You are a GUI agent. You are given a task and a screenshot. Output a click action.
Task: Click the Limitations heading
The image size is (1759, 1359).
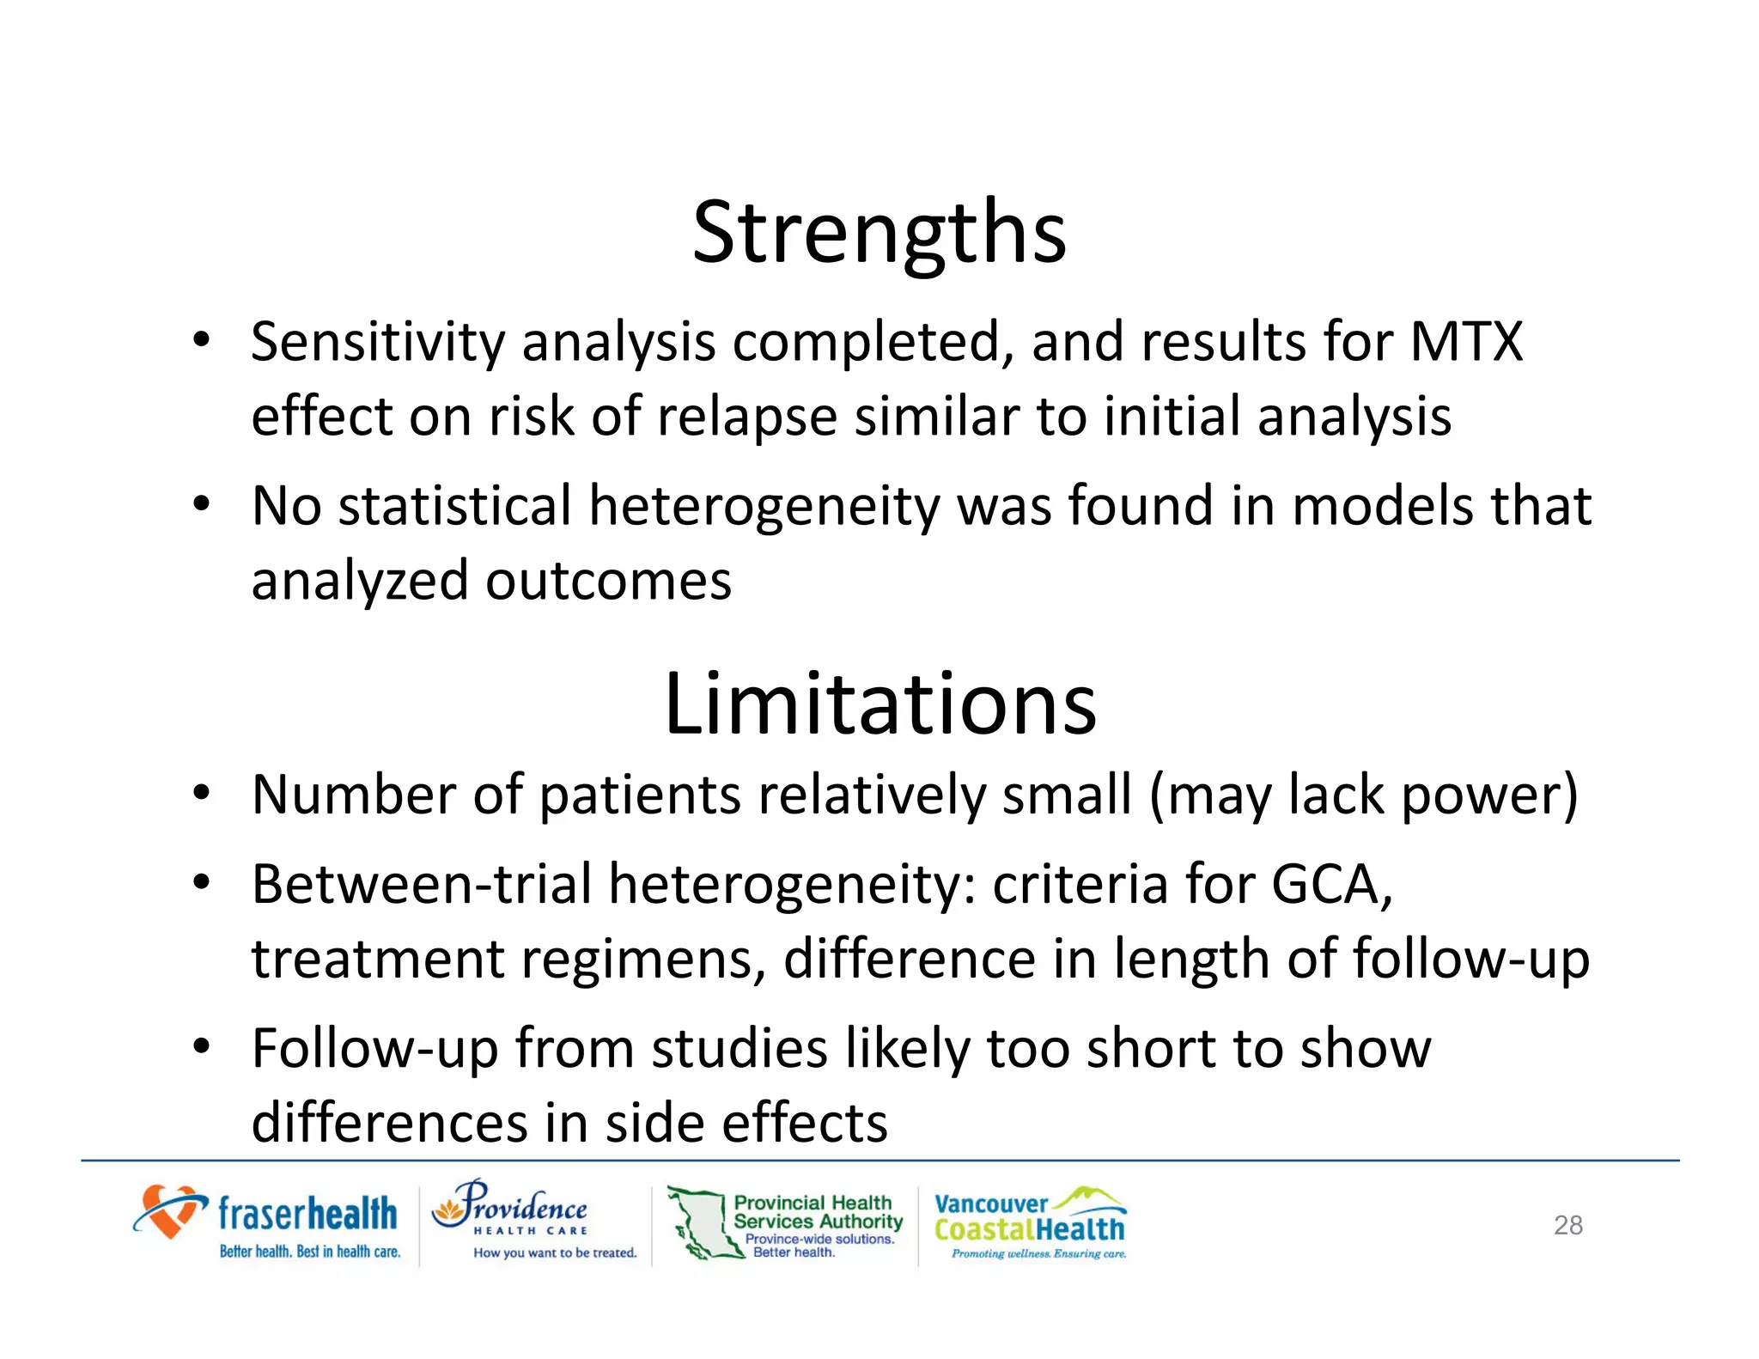click(879, 704)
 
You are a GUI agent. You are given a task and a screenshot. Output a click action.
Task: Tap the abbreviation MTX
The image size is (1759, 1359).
click(1466, 342)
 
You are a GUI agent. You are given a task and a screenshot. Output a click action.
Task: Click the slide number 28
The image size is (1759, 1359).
click(1567, 1225)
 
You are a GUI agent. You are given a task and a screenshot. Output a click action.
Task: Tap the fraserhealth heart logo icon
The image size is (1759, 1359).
click(169, 1211)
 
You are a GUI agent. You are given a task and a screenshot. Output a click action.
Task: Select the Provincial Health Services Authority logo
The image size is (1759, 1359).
click(786, 1223)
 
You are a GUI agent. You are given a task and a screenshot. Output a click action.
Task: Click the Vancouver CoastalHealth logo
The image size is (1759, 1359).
click(1030, 1223)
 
